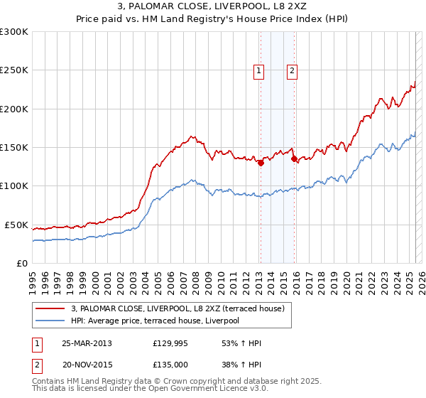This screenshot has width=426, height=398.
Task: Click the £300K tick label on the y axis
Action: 14,32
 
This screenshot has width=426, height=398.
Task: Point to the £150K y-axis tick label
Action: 14,148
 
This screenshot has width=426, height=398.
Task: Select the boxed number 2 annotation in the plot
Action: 292,70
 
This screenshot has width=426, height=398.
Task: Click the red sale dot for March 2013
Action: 261,163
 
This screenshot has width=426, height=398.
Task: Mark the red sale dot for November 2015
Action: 294,159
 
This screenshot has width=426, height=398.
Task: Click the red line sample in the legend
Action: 50,308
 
